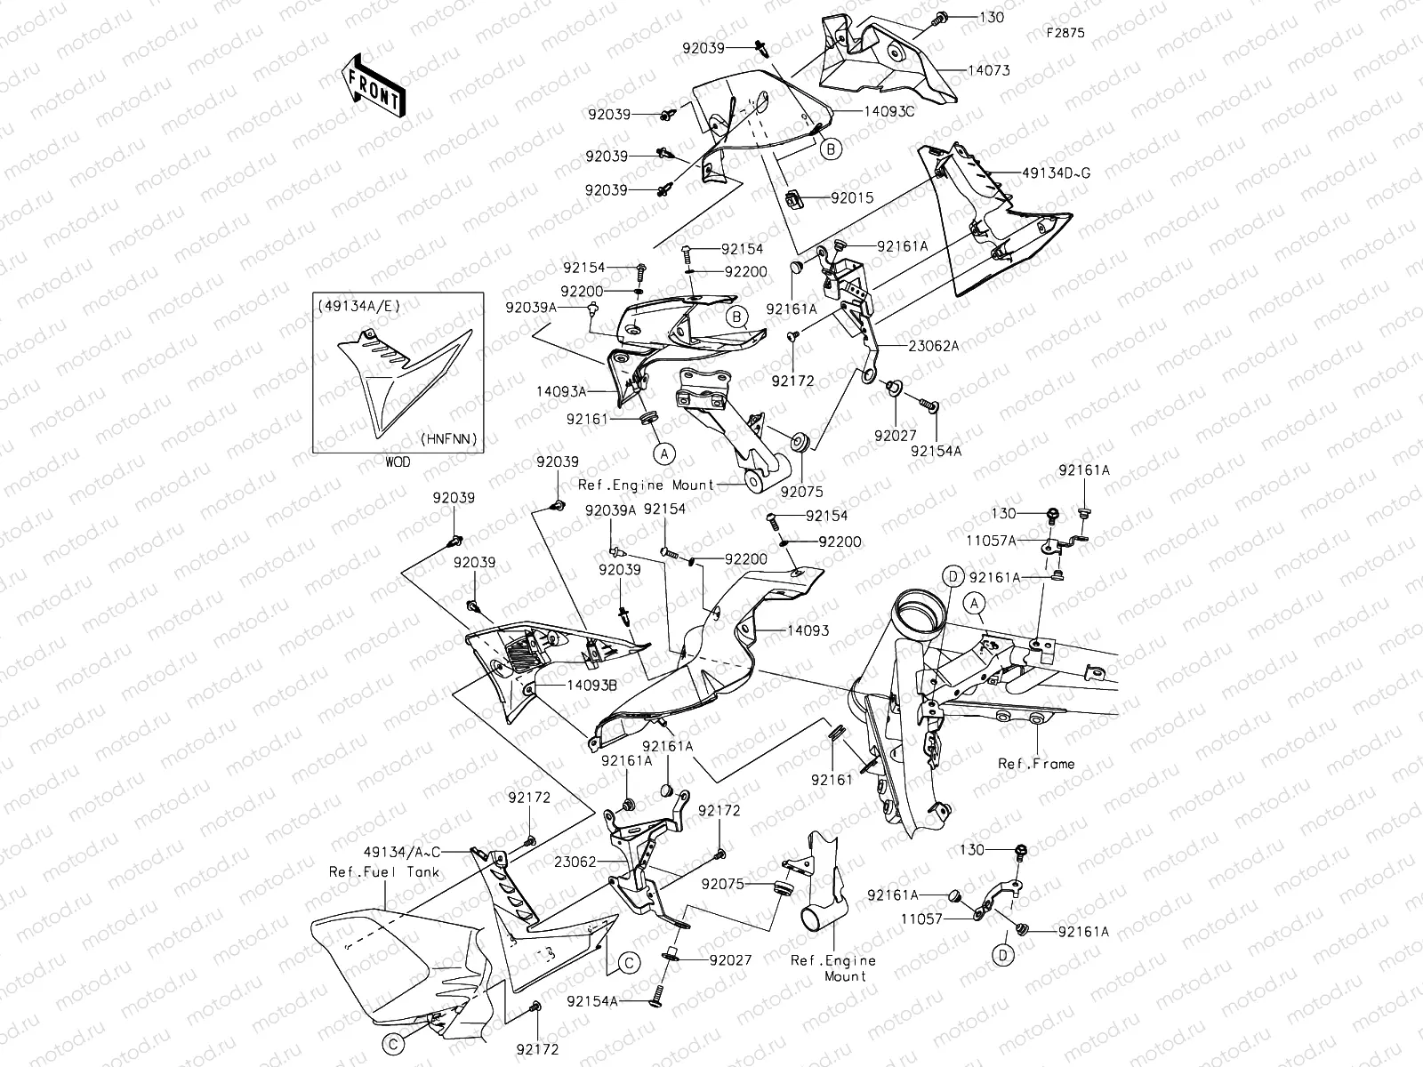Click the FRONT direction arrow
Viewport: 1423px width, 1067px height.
tap(373, 85)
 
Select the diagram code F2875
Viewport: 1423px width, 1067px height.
tap(1065, 33)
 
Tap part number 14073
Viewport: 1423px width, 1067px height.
tap(989, 70)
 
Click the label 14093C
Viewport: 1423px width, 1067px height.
tap(888, 111)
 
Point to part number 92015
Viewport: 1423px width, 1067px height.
tap(853, 198)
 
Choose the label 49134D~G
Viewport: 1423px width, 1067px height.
tap(1056, 173)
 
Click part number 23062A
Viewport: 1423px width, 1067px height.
tap(934, 346)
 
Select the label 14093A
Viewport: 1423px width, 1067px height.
tap(561, 391)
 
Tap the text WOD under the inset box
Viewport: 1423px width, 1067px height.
tap(398, 461)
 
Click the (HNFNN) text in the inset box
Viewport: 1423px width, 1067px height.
tap(448, 438)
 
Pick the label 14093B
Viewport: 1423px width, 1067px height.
tap(592, 686)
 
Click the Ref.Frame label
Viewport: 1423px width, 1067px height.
tap(1036, 764)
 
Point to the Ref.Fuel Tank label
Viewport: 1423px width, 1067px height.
tap(384, 872)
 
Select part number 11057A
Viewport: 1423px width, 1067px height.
tap(992, 541)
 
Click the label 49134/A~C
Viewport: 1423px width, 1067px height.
tap(402, 852)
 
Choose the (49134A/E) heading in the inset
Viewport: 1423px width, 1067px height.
tap(359, 307)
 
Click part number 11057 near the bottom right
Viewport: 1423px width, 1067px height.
tap(922, 919)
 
